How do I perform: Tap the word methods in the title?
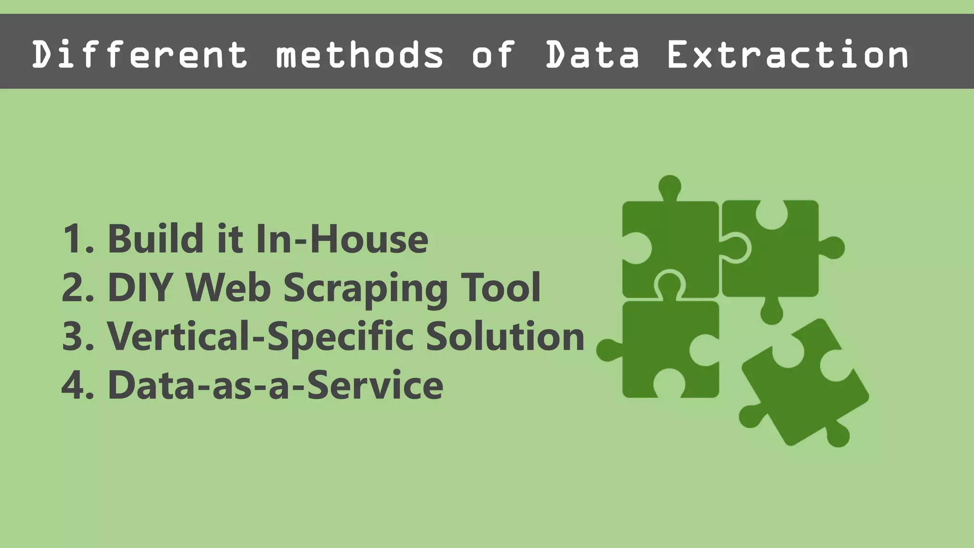[360, 55]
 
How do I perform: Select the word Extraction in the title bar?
[788, 55]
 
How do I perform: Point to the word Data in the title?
[592, 55]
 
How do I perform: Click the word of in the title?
[493, 55]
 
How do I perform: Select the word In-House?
[341, 239]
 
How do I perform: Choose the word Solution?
[505, 337]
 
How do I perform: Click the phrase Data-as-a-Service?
[275, 385]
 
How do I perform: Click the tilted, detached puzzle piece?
[804, 385]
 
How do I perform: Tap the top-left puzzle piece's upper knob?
[670, 186]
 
